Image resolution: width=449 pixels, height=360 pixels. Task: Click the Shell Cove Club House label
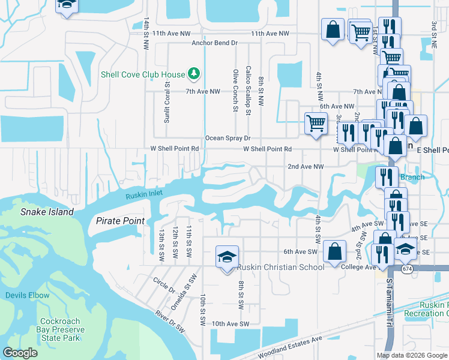point(142,74)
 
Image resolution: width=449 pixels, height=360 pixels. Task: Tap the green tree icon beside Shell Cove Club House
point(193,74)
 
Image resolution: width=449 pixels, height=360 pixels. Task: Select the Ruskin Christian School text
point(280,267)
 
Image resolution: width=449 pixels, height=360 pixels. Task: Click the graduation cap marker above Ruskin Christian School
point(227,257)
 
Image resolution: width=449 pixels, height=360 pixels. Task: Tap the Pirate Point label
point(120,221)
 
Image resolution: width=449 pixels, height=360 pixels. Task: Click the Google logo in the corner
point(20,353)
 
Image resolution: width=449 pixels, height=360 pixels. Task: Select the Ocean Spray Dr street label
point(228,138)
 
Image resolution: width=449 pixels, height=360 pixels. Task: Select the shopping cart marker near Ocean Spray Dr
point(315,124)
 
